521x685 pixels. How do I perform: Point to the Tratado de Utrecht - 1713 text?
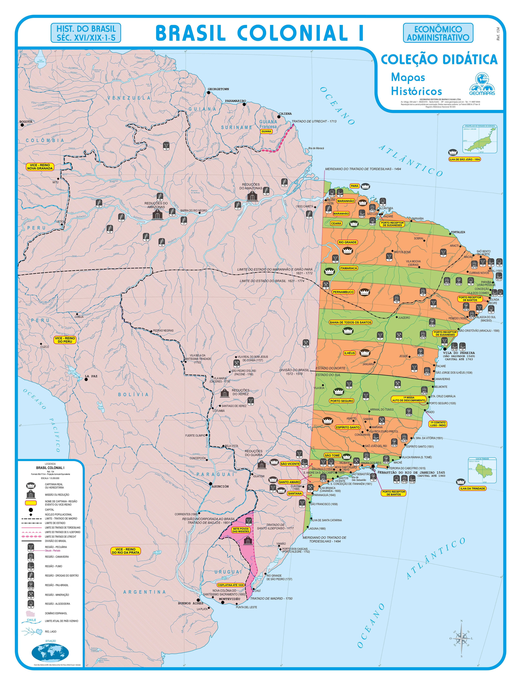(314, 121)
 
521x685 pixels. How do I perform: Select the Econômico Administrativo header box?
(438, 33)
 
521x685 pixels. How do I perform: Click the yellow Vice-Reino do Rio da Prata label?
(126, 551)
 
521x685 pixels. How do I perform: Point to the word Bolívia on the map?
(133, 394)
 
